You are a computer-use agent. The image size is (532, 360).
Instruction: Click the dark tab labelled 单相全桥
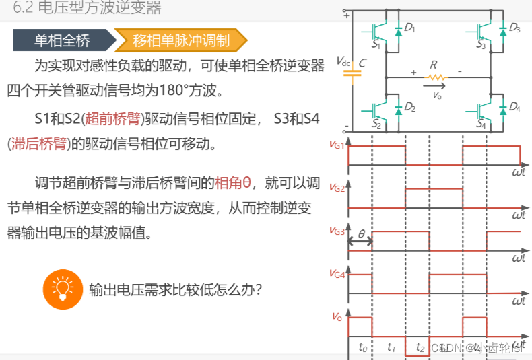click(x=62, y=40)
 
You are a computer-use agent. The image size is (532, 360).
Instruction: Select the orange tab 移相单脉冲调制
click(x=180, y=40)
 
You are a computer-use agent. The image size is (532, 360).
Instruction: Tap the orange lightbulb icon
click(x=62, y=288)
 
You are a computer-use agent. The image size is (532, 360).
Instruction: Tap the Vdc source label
click(x=343, y=62)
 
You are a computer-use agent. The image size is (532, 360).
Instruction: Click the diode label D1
click(x=409, y=28)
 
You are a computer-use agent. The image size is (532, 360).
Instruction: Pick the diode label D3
click(x=514, y=28)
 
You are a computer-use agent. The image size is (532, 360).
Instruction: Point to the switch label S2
click(x=376, y=125)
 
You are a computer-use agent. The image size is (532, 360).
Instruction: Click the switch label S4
click(x=481, y=125)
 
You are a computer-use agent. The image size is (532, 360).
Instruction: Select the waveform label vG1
click(x=337, y=144)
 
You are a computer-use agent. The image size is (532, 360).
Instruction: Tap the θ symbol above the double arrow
click(x=361, y=233)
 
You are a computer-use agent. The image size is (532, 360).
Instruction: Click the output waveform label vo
click(x=337, y=316)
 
